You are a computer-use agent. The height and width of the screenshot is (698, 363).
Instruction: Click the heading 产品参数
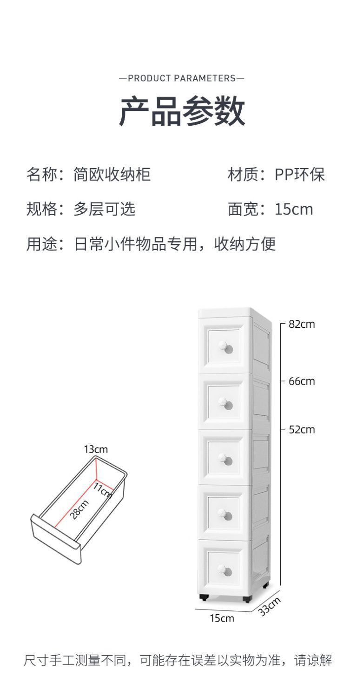pyautogui.click(x=182, y=112)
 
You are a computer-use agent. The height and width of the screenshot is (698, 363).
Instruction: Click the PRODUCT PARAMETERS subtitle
pyautogui.click(x=181, y=78)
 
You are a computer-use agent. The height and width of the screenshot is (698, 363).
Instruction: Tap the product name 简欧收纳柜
pyautogui.click(x=112, y=175)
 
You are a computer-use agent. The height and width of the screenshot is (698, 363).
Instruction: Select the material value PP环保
pyautogui.click(x=299, y=175)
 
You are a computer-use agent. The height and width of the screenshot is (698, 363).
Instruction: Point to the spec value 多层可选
pyautogui.click(x=104, y=209)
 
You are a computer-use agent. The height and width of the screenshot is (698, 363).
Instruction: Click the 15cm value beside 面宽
pyautogui.click(x=294, y=209)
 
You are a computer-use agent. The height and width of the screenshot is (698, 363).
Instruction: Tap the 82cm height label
pyautogui.click(x=302, y=324)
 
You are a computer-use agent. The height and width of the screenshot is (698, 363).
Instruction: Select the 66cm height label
pyautogui.click(x=302, y=381)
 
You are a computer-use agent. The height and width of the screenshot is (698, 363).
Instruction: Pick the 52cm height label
pyautogui.click(x=302, y=429)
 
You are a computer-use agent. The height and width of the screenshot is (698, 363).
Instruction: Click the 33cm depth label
pyautogui.click(x=270, y=606)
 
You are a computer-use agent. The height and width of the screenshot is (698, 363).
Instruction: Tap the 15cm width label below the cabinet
pyautogui.click(x=222, y=618)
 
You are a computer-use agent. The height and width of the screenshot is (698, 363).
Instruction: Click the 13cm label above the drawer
pyautogui.click(x=96, y=449)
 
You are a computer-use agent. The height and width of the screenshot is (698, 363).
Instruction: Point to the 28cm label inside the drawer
pyautogui.click(x=80, y=509)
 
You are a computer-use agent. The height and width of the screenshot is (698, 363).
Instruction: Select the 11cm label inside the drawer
pyautogui.click(x=103, y=490)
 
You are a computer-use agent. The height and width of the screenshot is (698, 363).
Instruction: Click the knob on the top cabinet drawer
pyautogui.click(x=227, y=347)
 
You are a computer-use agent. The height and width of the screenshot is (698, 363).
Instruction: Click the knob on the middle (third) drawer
pyautogui.click(x=227, y=460)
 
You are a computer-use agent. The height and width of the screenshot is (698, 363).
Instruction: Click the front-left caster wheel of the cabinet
pyautogui.click(x=203, y=597)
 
